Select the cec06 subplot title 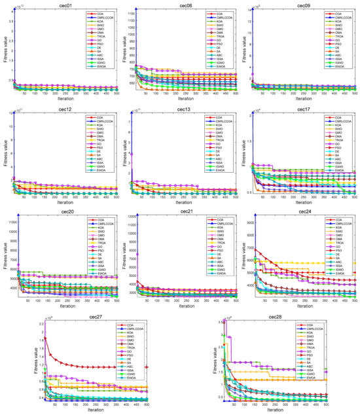click(184, 4)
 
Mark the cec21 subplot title click(184, 210)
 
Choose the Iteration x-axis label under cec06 click(184, 99)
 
